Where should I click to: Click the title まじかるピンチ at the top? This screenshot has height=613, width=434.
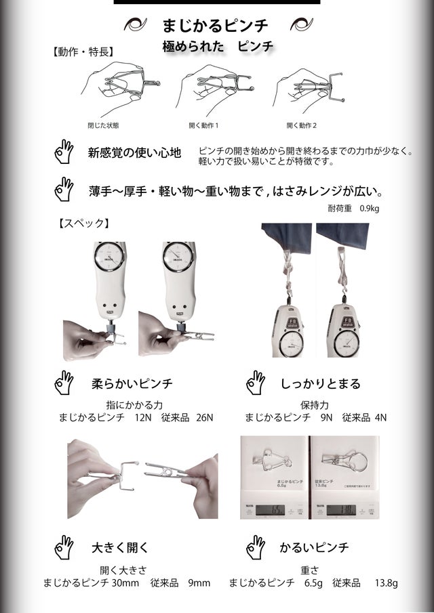pos(215,26)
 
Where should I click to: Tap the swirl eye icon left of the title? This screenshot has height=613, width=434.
pos(136,24)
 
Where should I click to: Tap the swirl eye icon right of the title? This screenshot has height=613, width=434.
pos(301,24)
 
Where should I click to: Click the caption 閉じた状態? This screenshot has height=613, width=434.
pos(103,125)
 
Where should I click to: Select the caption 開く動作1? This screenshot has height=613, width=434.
pos(203,125)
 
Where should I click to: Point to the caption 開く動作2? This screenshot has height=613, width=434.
pos(301,125)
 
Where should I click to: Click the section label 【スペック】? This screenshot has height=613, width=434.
pos(83,224)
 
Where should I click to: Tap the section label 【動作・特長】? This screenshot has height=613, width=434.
pos(83,51)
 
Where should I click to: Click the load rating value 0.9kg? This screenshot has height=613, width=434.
pos(370,209)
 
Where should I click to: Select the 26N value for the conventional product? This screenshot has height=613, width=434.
pos(205,417)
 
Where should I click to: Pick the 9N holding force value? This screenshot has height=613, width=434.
pos(326,417)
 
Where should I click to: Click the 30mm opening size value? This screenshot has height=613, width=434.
pos(125,583)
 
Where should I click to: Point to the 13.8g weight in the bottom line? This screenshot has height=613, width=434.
pos(387,583)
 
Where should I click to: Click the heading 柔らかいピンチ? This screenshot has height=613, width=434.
pos(132,383)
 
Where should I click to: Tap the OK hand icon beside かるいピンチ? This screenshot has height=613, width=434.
pos(256,547)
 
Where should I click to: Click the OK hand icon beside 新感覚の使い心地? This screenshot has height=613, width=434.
pos(64,151)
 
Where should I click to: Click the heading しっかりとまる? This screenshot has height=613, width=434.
pos(321,384)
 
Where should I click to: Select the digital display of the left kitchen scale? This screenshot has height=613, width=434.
pos(270,509)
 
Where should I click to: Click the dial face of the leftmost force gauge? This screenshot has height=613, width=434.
pos(109,257)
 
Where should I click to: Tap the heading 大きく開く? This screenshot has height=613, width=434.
pos(120,547)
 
